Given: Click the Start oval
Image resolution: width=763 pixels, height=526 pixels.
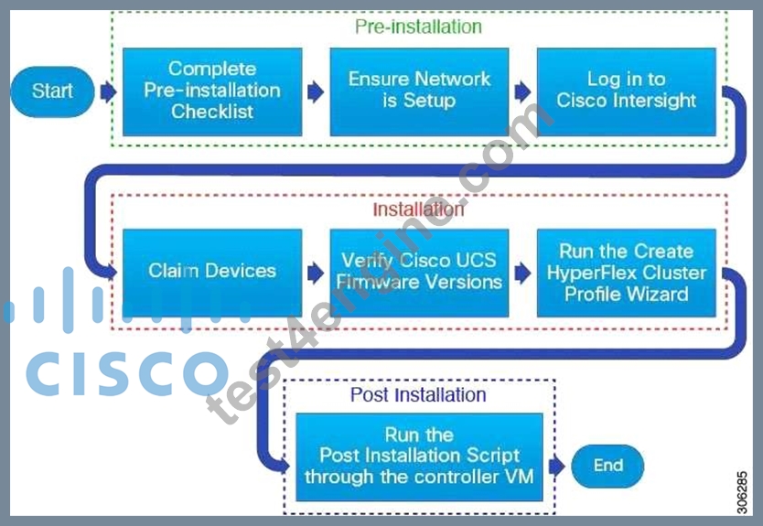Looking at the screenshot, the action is (52, 91).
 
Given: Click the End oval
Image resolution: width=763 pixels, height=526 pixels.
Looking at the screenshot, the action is (607, 466).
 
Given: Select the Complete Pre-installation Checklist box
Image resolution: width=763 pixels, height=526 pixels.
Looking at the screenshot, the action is (212, 91).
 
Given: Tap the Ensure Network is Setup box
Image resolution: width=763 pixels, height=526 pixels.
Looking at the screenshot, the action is (419, 91).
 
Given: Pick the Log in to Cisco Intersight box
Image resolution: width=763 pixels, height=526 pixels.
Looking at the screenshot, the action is (627, 91).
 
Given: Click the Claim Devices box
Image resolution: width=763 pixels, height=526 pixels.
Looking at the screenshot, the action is (212, 273).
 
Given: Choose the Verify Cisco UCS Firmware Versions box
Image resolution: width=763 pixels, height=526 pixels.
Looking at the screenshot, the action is (419, 273).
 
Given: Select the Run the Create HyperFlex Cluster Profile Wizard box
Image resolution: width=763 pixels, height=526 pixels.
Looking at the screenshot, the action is (627, 273).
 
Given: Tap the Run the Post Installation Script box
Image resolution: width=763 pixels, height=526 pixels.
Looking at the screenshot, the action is (419, 456).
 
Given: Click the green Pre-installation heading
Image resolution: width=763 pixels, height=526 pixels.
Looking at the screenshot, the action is (418, 27).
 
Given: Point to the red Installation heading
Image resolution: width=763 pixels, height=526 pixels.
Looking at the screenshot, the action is (418, 209).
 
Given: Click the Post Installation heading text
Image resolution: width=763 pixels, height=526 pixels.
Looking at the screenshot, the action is (418, 394).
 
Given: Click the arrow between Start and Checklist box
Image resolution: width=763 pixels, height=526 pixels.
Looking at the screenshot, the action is (109, 91).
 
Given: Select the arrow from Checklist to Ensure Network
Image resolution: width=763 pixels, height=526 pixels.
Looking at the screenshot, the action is (316, 91).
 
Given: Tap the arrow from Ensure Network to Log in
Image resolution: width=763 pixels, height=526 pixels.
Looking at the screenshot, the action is (523, 91).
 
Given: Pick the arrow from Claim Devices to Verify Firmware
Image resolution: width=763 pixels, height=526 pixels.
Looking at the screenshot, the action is (316, 273).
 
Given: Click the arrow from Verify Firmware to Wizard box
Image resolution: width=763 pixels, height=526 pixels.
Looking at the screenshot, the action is (523, 273).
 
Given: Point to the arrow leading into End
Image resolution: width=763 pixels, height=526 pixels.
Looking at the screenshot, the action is (556, 467).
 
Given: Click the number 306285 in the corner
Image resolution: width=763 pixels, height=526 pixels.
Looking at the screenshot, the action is (742, 492).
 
